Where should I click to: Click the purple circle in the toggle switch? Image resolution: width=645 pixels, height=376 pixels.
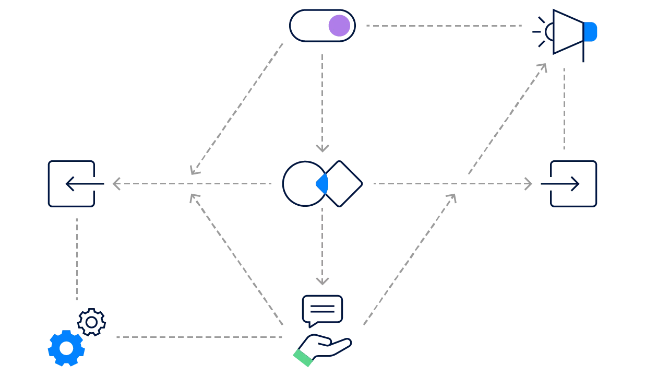coord(339,26)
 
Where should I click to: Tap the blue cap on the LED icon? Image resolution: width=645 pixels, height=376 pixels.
coord(591,32)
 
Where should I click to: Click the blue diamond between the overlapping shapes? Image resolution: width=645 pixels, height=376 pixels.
coord(323,184)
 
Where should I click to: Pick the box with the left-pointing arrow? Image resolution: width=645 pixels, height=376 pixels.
coord(71,184)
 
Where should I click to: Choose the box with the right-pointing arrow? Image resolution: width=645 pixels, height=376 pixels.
coord(572,184)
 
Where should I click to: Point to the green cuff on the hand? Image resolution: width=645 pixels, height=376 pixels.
coord(303,358)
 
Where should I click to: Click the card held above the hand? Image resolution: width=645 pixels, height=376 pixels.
coord(324,309)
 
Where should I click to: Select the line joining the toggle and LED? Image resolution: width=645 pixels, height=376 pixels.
coord(442,25)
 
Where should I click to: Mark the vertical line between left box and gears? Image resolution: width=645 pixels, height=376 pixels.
coord(77,258)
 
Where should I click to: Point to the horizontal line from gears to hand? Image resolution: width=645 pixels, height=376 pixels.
coord(198,336)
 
